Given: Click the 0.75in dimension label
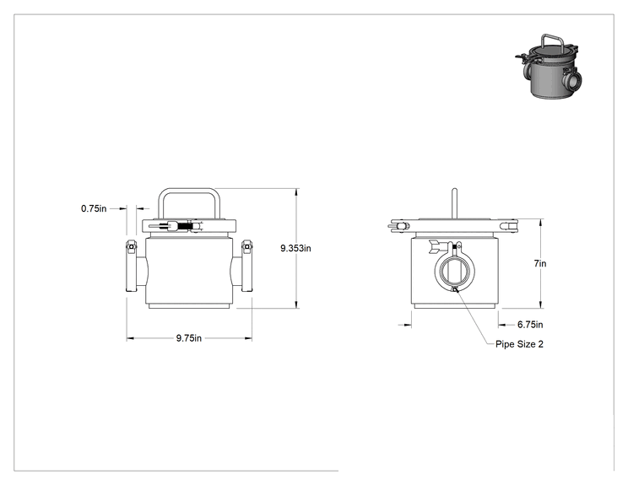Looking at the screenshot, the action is [94, 208].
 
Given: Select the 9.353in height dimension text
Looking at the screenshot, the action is [295, 248].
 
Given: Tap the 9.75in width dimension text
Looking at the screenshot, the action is [188, 338].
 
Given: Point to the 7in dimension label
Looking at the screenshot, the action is [540, 263].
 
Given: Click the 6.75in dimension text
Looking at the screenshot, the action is [530, 325].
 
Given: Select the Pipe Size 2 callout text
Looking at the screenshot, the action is [519, 344].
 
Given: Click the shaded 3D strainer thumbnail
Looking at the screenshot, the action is [549, 67].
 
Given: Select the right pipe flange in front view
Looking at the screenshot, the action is [246, 266].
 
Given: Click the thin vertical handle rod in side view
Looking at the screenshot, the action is [454, 203].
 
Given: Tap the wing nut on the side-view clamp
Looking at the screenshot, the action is [437, 246].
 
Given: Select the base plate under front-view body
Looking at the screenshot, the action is [188, 306].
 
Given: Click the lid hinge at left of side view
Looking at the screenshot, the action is [398, 226].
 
